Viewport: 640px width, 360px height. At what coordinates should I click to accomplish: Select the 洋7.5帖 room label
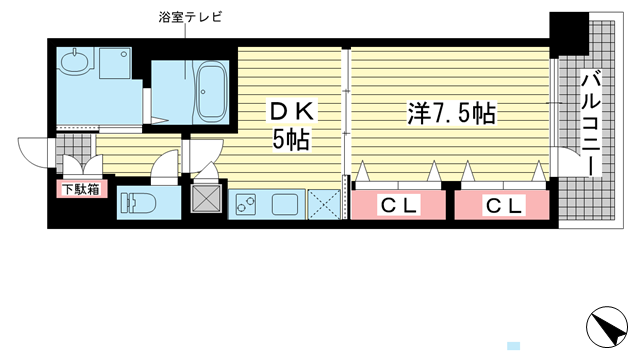(451, 113)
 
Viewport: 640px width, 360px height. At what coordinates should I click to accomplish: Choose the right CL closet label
(503, 206)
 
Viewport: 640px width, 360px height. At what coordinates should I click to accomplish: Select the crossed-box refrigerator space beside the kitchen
(325, 203)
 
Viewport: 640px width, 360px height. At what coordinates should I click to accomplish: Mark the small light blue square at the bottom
(513, 343)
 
